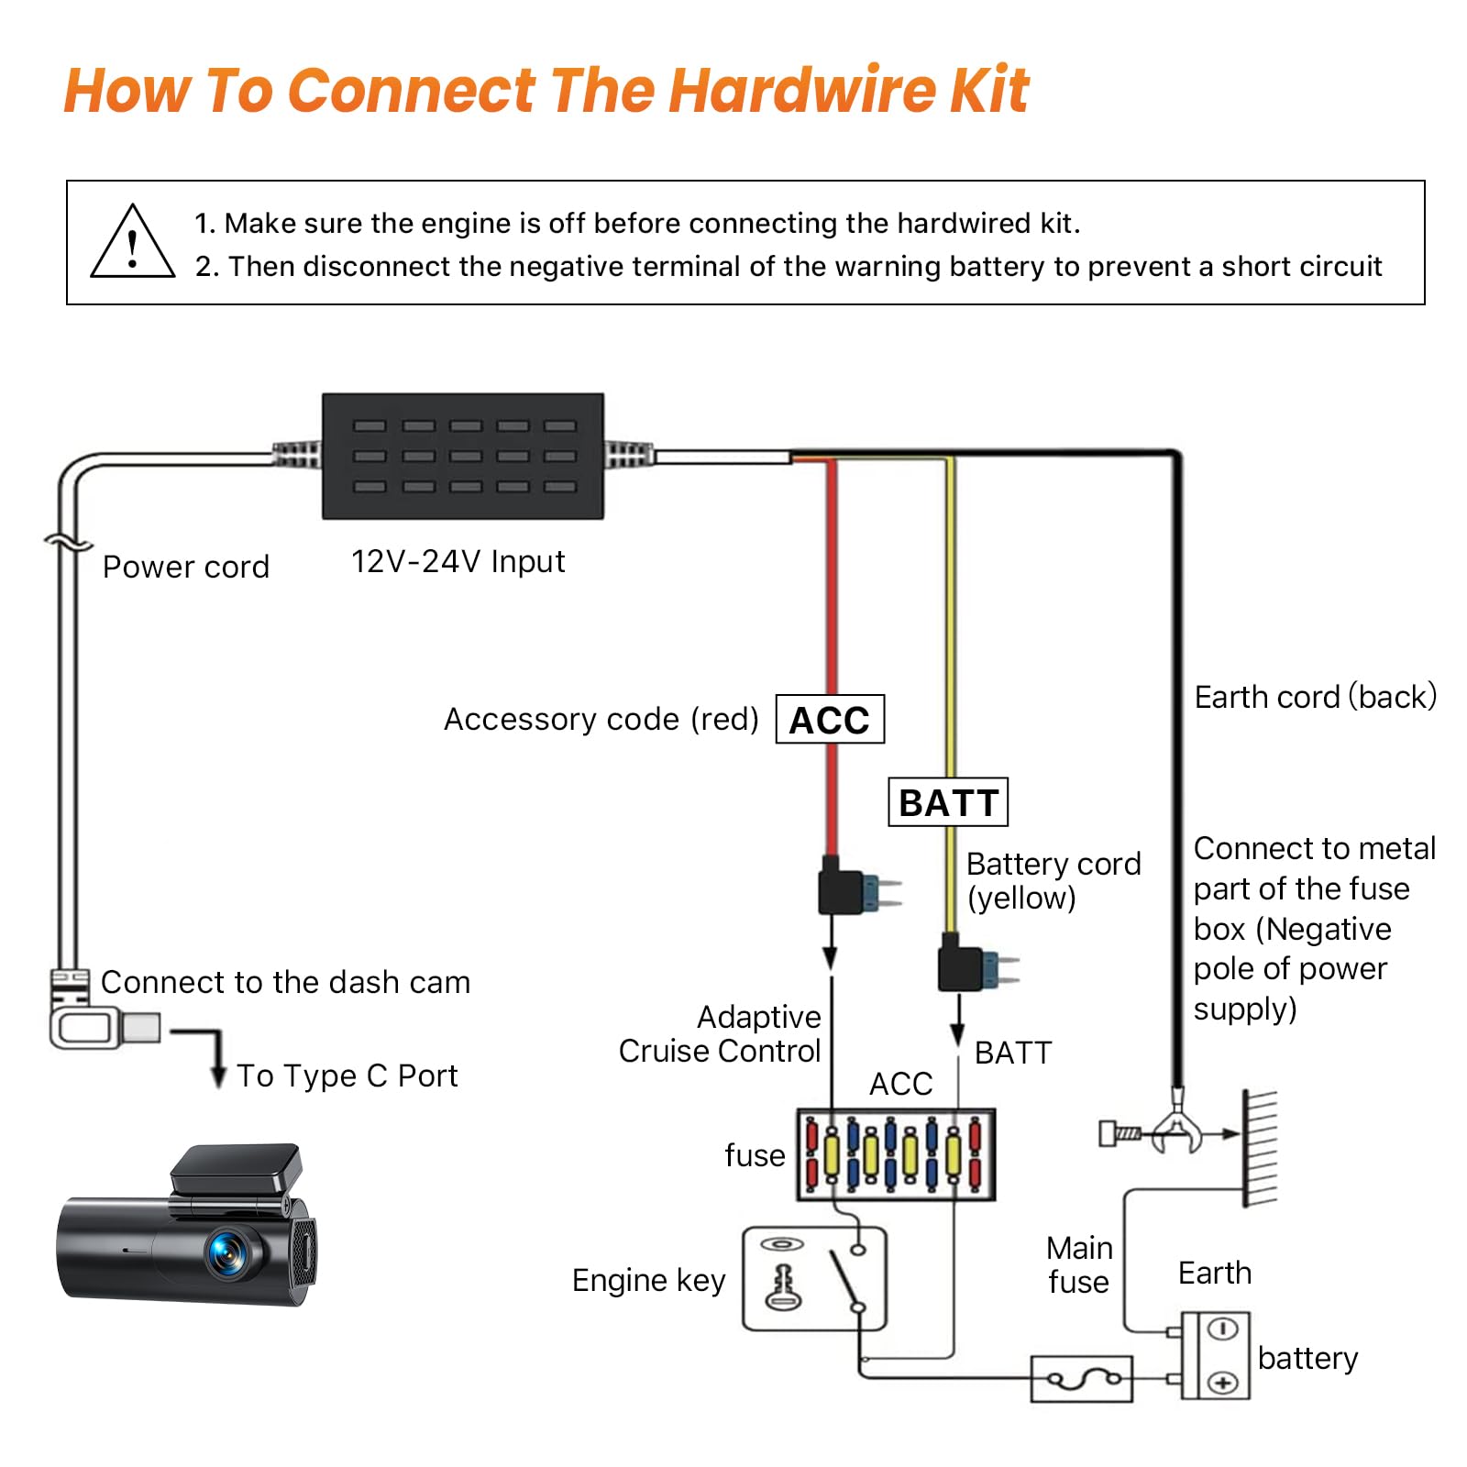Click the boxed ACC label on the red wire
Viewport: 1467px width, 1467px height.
[830, 720]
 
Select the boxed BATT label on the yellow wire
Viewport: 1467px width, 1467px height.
[948, 802]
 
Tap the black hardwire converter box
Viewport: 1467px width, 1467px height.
[463, 457]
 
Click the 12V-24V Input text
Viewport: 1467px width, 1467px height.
[458, 561]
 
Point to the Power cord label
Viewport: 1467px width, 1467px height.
[186, 567]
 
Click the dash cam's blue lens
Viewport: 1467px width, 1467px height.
[226, 1252]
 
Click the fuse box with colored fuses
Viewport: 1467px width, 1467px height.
[896, 1154]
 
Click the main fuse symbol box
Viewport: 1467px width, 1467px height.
[1082, 1378]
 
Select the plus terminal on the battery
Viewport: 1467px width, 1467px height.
[1222, 1382]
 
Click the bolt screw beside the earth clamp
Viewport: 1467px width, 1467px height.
[1119, 1134]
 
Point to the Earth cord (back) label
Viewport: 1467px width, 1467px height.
[1315, 697]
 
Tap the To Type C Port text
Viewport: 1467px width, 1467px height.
[347, 1075]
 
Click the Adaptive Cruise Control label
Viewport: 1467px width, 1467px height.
[720, 1034]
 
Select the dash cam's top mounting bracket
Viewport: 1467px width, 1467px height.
[237, 1169]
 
